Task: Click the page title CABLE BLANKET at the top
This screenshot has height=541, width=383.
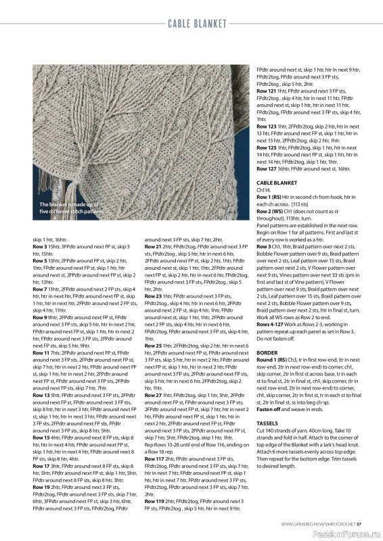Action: click(x=197, y=24)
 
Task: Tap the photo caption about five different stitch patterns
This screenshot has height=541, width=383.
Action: click(x=71, y=208)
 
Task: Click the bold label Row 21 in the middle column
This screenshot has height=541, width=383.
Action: click(x=153, y=248)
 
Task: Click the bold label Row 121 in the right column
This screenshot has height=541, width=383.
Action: click(x=266, y=91)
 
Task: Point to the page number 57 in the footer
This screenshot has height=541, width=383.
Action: click(x=360, y=523)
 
